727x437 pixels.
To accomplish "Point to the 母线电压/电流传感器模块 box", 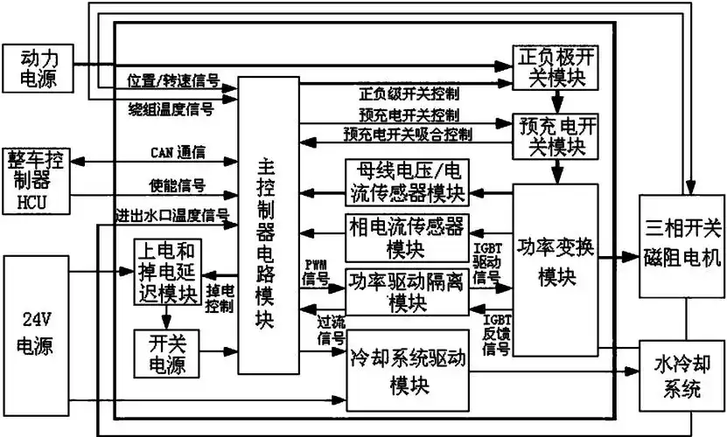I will tap(407, 182).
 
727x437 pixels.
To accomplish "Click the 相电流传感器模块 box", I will tap(407, 236).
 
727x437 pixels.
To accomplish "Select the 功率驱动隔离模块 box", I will tap(407, 292).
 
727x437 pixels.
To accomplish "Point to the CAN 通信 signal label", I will tap(178, 153).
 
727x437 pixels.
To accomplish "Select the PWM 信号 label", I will tap(316, 272).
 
